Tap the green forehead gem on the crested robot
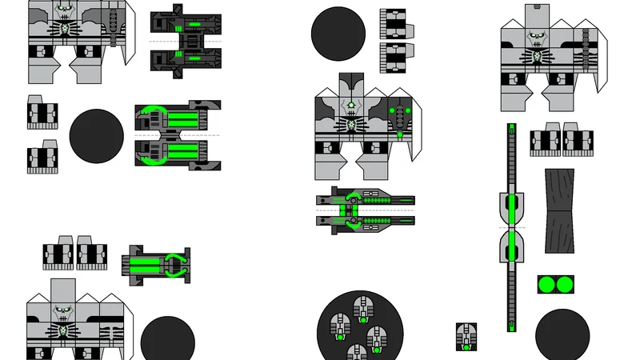click(350, 105)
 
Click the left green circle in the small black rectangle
click(547, 285)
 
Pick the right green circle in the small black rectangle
click(565, 285)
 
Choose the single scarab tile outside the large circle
click(466, 337)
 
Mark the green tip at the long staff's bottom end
click(511, 326)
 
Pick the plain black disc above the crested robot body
click(338, 31)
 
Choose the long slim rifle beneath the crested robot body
click(365, 210)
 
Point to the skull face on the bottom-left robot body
click(63, 313)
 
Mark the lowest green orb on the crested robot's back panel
click(399, 134)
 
